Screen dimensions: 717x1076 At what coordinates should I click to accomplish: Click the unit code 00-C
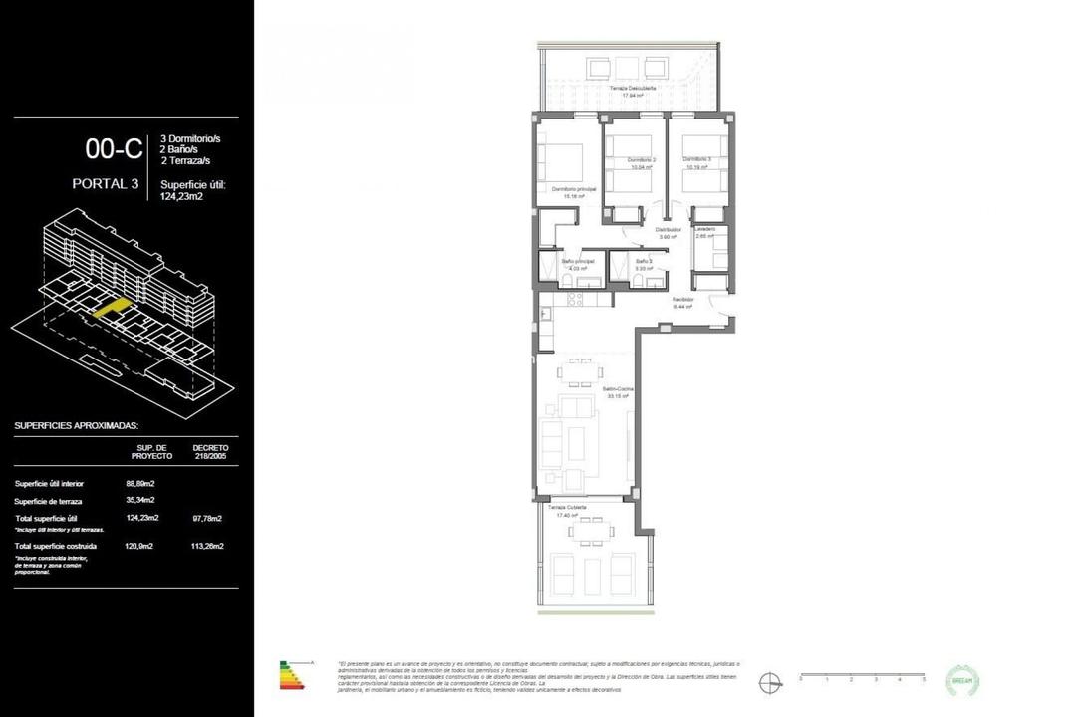[x=114, y=149]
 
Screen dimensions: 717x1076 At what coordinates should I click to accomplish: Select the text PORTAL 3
[x=105, y=183]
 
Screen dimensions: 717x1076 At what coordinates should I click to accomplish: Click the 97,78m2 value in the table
[x=206, y=518]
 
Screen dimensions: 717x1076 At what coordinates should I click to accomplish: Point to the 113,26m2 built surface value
[x=206, y=546]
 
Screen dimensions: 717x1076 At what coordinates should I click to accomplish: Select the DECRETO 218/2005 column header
[x=209, y=452]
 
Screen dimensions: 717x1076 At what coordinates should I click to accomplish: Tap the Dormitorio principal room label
[x=573, y=189]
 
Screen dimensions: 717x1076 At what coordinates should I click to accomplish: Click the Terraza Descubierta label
[x=633, y=89]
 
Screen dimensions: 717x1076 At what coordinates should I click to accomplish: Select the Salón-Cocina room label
[x=618, y=389]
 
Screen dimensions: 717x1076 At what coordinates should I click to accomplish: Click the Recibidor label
[x=682, y=299]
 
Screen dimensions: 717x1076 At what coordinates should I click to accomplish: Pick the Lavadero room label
[x=705, y=230]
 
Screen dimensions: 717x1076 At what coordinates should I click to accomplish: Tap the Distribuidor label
[x=667, y=230]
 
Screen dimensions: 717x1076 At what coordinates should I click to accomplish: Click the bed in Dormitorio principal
[x=560, y=161]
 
